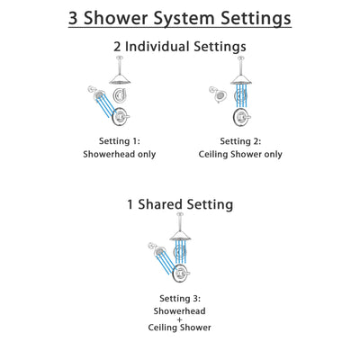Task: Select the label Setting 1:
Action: pos(121,141)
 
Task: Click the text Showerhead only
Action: pos(121,154)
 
